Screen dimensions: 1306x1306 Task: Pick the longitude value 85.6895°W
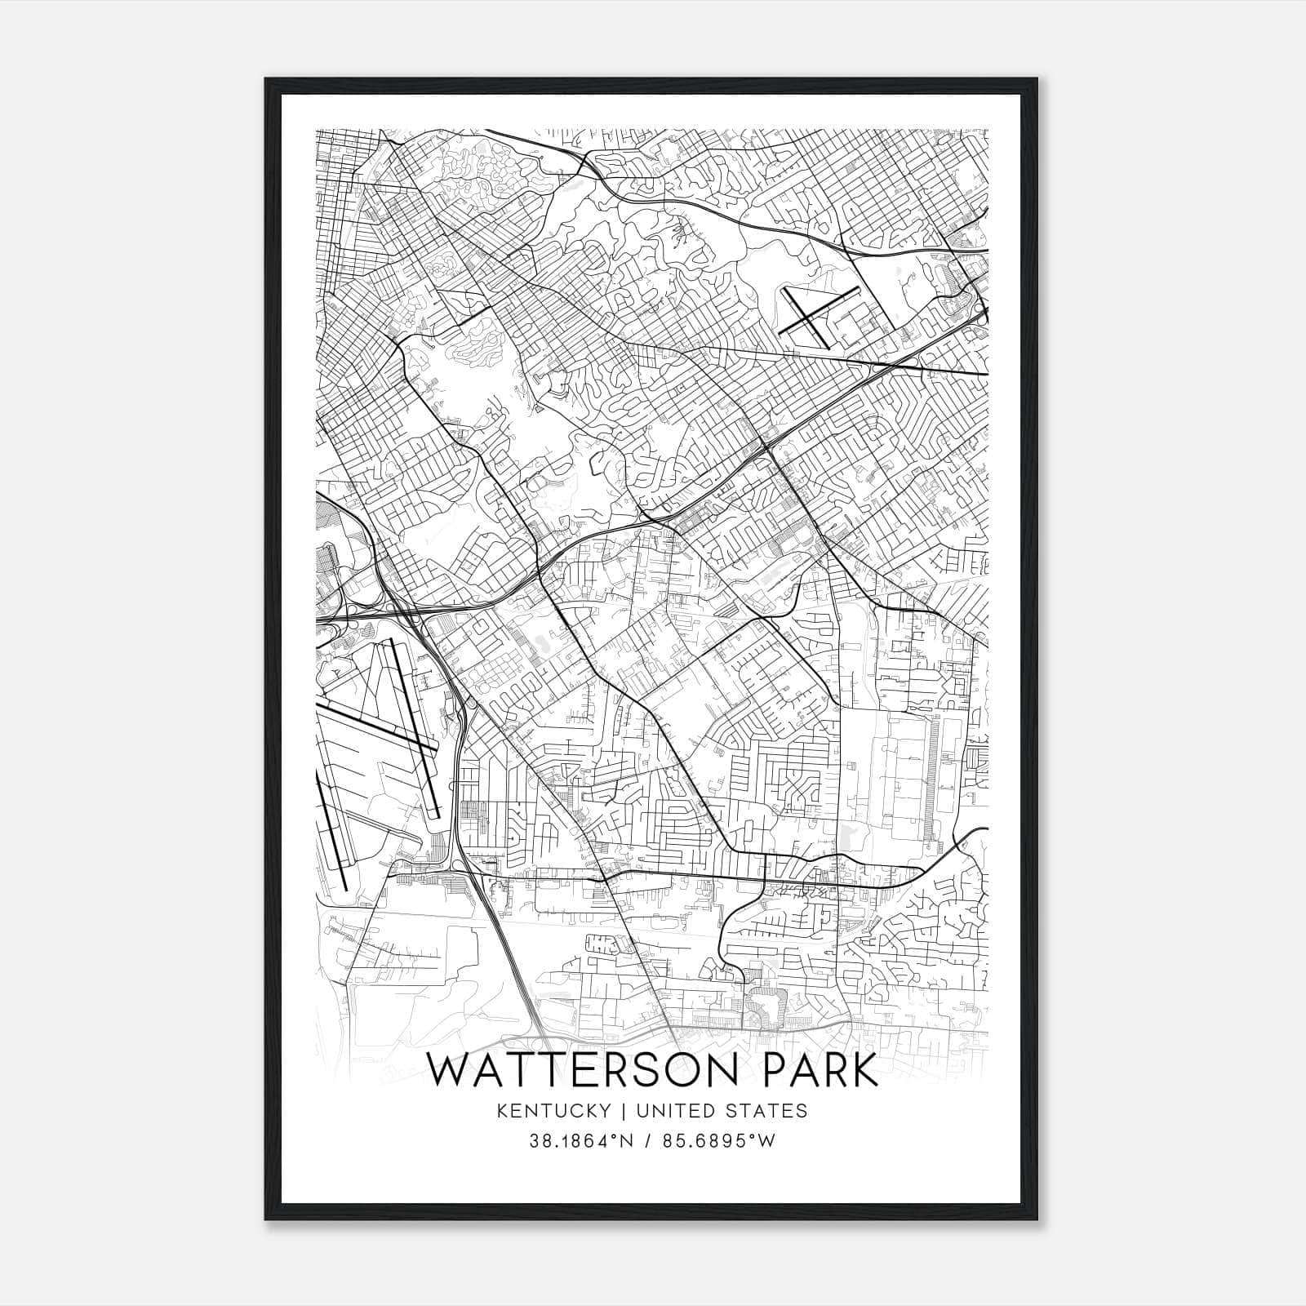[x=718, y=1141]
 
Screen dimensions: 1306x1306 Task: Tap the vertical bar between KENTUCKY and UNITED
[x=620, y=1111]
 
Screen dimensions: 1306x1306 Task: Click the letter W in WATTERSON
[x=447, y=1071]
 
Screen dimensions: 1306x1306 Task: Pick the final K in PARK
[x=864, y=1071]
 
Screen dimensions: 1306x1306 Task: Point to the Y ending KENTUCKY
[x=605, y=1111]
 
